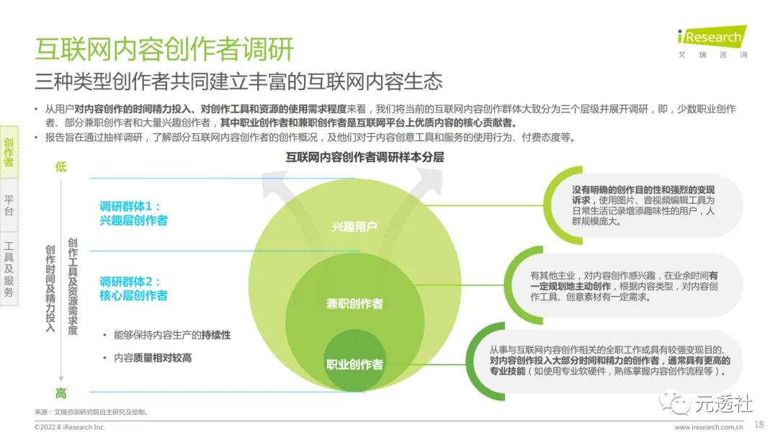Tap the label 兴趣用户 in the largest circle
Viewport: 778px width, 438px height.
354,227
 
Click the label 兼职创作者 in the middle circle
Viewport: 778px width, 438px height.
354,303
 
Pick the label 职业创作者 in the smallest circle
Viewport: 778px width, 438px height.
354,364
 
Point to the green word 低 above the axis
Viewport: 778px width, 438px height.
61,167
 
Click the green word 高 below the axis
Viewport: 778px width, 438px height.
61,393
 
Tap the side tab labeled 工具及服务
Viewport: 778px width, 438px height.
9,268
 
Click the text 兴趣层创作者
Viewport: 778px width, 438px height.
134,220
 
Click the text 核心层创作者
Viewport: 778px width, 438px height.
134,295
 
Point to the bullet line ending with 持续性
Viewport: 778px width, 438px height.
172,336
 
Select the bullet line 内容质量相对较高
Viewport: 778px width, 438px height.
153,358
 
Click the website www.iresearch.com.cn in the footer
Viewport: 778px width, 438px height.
707,427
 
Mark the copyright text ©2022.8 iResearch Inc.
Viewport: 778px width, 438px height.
70,427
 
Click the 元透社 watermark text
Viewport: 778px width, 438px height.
723,404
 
